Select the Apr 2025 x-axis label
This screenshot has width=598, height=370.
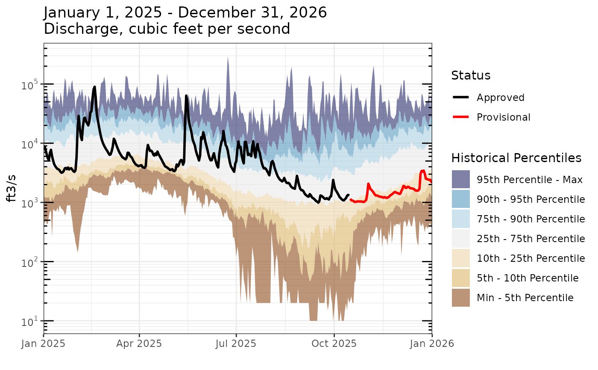point(139,343)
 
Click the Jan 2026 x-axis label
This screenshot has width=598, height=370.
point(432,343)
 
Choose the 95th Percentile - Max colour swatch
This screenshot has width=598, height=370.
point(460,180)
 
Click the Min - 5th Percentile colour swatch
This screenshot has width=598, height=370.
point(460,298)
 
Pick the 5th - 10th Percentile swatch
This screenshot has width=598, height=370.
point(460,278)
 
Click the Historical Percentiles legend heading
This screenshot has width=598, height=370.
point(516,158)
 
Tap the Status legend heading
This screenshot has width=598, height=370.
point(471,76)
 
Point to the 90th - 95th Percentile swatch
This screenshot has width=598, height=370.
point(460,199)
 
